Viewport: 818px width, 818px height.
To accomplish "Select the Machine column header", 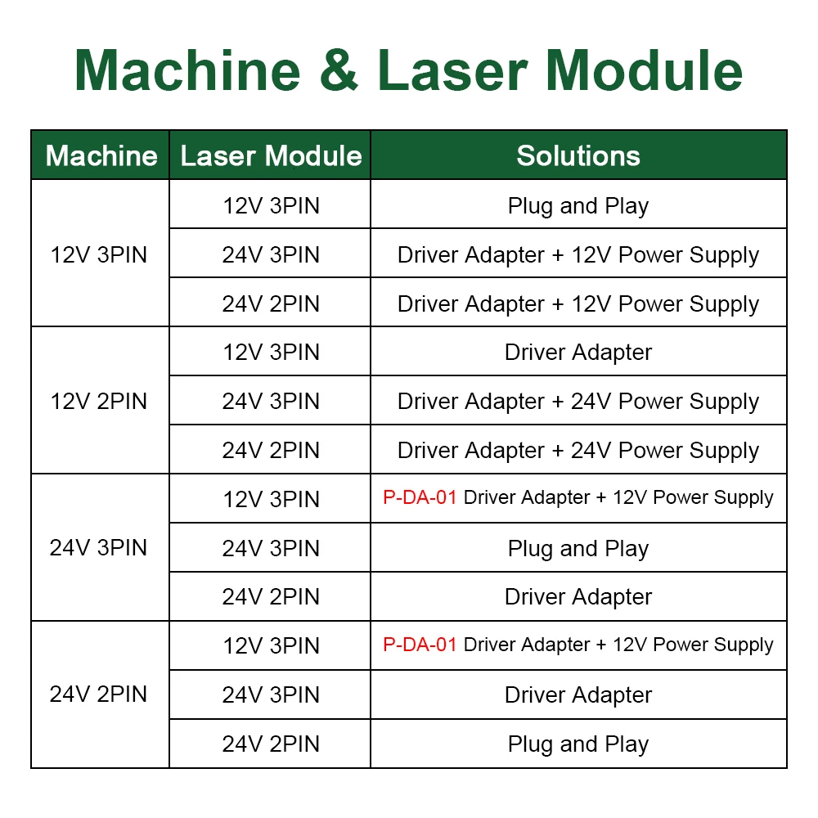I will click(101, 155).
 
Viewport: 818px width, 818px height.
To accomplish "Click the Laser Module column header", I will click(271, 155).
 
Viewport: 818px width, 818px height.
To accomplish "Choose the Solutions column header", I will click(578, 155).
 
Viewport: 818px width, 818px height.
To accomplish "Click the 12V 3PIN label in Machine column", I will click(99, 254).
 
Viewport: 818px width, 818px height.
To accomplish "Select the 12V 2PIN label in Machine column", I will click(99, 402).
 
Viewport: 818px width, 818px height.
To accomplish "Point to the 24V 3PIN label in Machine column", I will click(99, 547).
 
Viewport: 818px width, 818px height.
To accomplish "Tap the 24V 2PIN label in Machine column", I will click(99, 694).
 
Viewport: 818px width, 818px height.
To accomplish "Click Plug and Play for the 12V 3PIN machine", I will click(578, 205).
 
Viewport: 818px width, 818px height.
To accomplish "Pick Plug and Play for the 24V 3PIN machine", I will click(578, 548).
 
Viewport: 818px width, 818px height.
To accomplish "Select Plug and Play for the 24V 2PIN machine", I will click(578, 744).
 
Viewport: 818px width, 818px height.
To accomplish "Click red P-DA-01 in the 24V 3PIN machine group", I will click(420, 497).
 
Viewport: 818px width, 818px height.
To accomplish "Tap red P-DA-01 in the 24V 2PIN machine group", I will click(420, 645).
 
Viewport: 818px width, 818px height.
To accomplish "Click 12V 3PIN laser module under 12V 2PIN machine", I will click(271, 353).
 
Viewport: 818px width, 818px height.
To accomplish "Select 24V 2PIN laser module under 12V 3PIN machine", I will click(271, 303).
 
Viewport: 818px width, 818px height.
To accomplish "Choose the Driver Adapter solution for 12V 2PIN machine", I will click(578, 353).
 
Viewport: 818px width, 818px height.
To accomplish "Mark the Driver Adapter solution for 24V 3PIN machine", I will click(578, 597).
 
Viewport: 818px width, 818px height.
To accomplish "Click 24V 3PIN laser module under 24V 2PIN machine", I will click(271, 695).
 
